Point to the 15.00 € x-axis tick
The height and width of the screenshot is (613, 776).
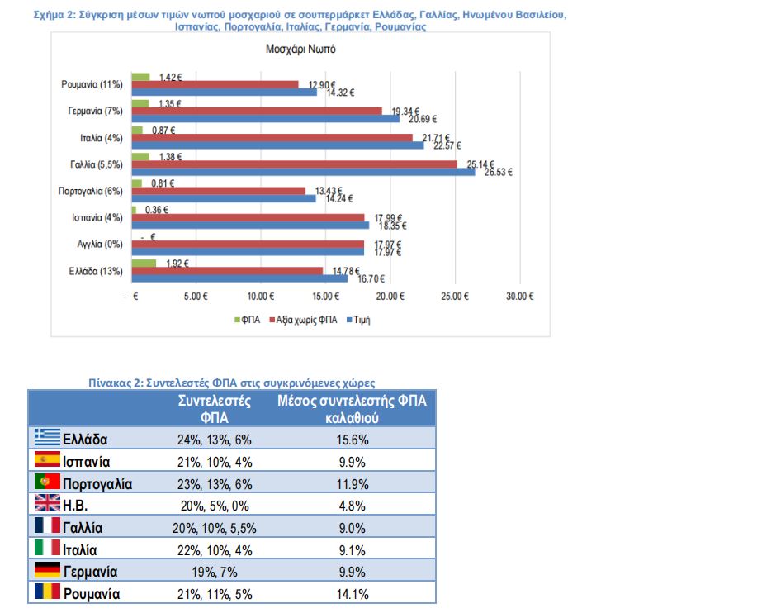coord(325,296)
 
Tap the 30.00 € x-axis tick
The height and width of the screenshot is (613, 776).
coord(519,296)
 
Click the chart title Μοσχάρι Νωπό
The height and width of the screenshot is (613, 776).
coord(300,49)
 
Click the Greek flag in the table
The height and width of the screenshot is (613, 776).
coord(46,438)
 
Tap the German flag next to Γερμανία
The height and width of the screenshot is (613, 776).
coord(46,571)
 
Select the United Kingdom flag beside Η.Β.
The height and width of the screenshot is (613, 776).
coord(46,504)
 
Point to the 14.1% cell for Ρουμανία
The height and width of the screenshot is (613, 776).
coord(352,594)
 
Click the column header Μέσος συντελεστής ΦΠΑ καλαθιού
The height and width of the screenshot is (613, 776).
coord(352,409)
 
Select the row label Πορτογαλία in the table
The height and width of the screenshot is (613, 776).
coord(97,483)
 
